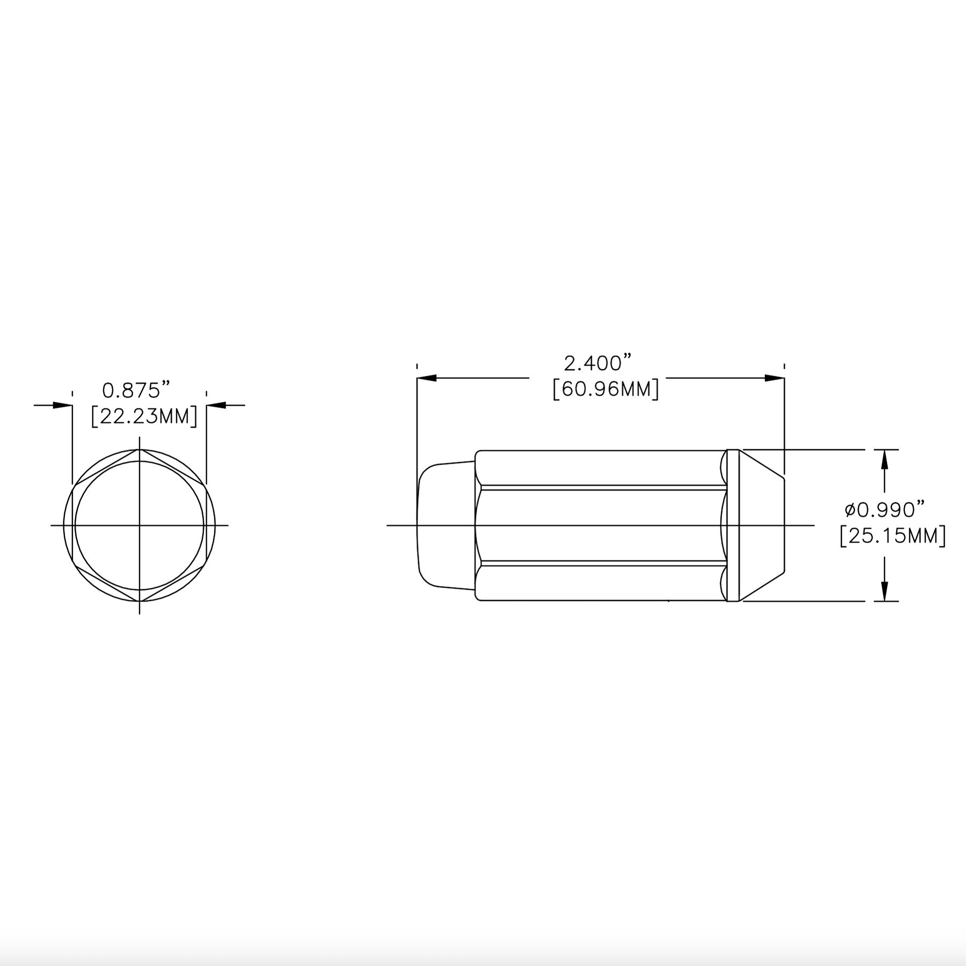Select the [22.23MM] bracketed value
click(144, 416)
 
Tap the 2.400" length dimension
click(597, 363)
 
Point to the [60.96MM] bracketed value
click(606, 389)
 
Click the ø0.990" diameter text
click(885, 509)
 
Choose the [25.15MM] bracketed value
click(893, 535)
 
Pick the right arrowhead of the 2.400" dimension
click(774, 378)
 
